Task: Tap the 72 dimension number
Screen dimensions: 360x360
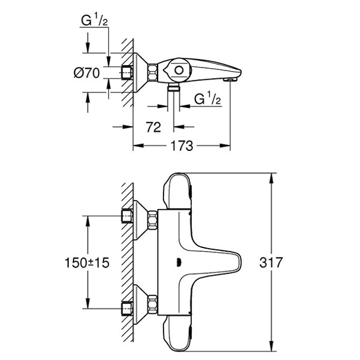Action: point(154,126)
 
